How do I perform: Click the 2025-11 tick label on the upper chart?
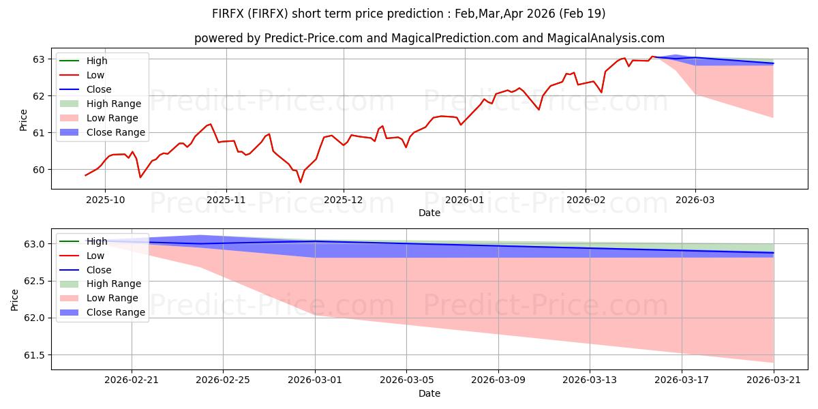(x=226, y=200)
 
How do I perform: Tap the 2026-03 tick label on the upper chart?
(x=695, y=200)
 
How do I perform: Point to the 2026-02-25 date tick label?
(x=223, y=380)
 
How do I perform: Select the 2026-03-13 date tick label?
(x=590, y=380)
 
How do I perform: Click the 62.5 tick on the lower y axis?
(x=34, y=281)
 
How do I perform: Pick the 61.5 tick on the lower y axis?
(x=34, y=355)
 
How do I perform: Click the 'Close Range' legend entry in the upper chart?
(x=103, y=132)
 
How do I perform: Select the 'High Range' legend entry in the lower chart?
(x=100, y=284)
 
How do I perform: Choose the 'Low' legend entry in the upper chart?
(x=82, y=75)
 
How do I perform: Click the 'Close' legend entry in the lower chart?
(x=85, y=270)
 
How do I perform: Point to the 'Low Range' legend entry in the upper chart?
(x=99, y=118)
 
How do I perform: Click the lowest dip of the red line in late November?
(x=301, y=182)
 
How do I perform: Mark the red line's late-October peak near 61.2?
(x=211, y=124)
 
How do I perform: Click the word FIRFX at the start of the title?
(x=228, y=14)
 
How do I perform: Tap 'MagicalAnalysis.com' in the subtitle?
(x=605, y=38)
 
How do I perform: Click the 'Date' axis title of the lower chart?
(x=429, y=394)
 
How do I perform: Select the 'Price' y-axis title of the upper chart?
(x=23, y=120)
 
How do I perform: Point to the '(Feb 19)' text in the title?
(x=582, y=14)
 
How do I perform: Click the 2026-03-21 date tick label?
(x=774, y=380)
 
